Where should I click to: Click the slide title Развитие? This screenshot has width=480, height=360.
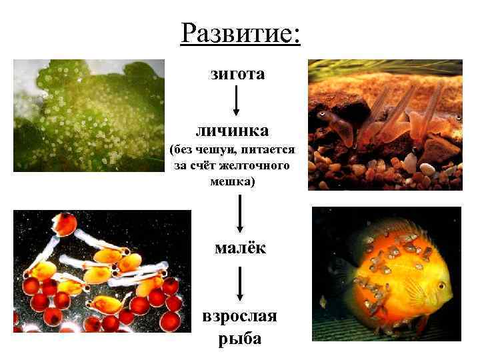click(240, 32)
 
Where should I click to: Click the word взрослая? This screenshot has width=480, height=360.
click(239, 316)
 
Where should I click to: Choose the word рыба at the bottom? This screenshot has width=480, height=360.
click(239, 338)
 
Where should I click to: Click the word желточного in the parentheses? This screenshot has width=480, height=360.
click(259, 164)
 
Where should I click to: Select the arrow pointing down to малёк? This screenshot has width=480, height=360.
click(239, 213)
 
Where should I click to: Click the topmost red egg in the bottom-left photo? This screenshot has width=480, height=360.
click(65, 224)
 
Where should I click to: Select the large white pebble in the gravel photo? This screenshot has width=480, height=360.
click(427, 169)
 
